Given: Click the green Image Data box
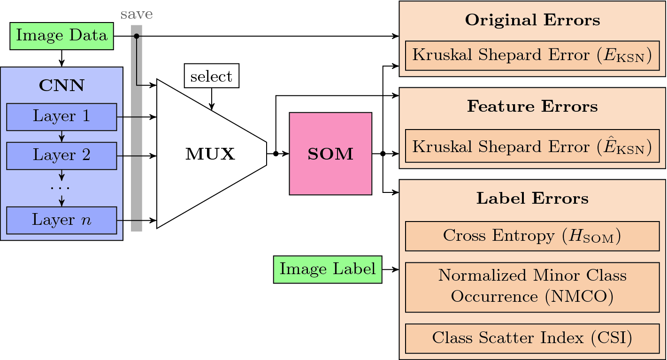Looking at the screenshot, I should [x=61, y=36].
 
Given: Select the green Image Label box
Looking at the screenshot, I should [x=328, y=269].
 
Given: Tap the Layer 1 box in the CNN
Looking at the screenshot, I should [x=61, y=116].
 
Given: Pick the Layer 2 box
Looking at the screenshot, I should [x=61, y=155].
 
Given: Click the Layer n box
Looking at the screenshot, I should [x=61, y=220].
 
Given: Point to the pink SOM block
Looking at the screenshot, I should [x=330, y=153].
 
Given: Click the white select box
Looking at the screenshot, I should [x=211, y=76].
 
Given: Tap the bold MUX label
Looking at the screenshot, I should [x=210, y=154].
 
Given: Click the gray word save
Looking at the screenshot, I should [x=136, y=14].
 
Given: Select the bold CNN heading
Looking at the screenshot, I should [x=61, y=85].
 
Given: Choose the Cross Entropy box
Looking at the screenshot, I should [x=532, y=236].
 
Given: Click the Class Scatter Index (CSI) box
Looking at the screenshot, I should [x=532, y=338].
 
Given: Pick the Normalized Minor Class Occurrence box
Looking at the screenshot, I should [x=532, y=287].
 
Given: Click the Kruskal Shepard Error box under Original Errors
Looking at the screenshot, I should [x=532, y=55].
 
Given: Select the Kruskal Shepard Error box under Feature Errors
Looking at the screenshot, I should [x=532, y=147].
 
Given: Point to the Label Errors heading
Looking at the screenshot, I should [x=532, y=199].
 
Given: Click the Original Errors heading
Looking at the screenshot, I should [x=532, y=21].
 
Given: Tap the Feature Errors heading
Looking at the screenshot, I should [x=532, y=107].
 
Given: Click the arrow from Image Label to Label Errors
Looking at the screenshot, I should [x=391, y=269].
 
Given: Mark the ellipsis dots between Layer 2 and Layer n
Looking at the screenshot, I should [x=61, y=188].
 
